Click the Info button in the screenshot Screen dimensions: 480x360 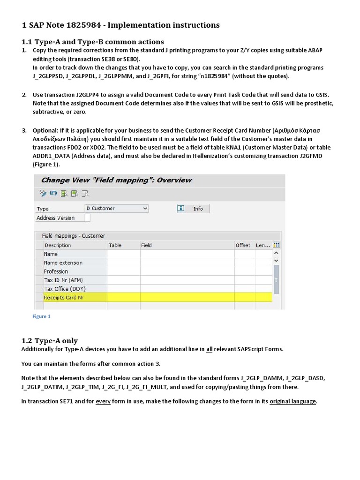tap(193, 209)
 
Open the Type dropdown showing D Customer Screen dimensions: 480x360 tap(116, 208)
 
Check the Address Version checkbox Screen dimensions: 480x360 tap(88, 218)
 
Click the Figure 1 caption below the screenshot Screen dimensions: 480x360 tap(41, 316)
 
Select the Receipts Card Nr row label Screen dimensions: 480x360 tap(63, 297)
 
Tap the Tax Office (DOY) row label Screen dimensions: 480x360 tap(65, 289)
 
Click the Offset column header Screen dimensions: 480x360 tap(242, 245)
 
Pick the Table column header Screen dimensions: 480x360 tap(115, 245)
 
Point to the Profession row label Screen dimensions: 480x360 tap(56, 271)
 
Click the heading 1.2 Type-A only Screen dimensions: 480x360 tap(50, 341)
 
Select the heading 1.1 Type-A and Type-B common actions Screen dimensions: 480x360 tap(93, 42)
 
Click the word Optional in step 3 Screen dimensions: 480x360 tap(45, 130)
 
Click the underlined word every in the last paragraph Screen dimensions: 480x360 tap(103, 401)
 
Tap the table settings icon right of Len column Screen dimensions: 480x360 tap(276, 245)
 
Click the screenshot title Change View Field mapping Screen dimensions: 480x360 tap(116, 180)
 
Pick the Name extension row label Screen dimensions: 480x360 tap(63, 262)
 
